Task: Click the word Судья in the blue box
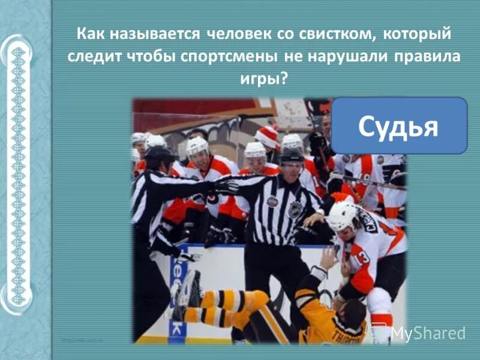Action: (398, 126)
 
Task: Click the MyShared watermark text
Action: (427, 333)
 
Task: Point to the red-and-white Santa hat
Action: (268, 137)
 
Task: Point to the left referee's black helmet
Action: (158, 154)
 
